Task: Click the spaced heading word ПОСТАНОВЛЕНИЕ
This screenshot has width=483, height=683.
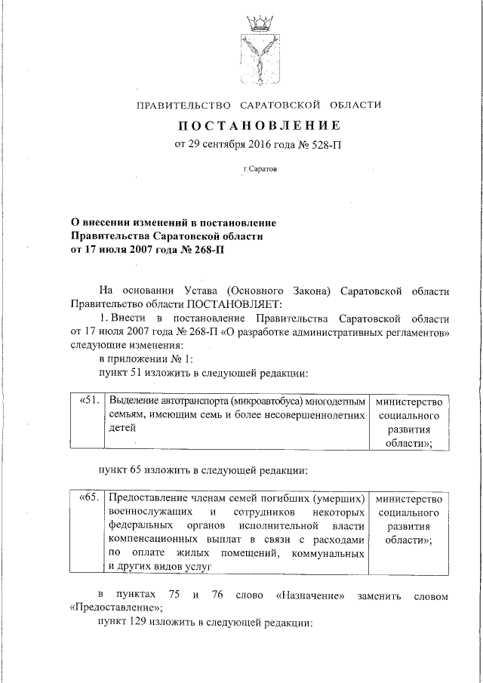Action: tap(259, 125)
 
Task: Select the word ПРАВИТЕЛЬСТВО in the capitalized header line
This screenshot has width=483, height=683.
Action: tap(183, 105)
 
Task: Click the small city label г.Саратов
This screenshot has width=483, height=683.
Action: tap(259, 169)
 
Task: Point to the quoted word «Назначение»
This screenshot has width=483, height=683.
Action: tap(310, 596)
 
